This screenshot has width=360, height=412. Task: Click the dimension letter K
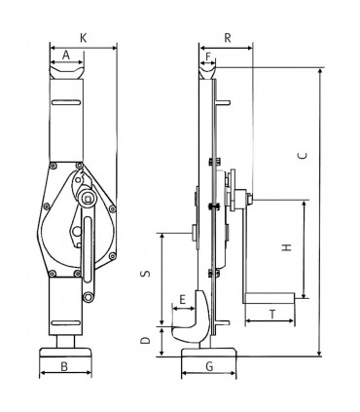point(84,38)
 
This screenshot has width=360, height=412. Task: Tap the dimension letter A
point(66,56)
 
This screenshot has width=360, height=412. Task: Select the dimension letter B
point(64,366)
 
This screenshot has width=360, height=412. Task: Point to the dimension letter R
point(228,38)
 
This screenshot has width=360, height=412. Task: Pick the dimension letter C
point(303,156)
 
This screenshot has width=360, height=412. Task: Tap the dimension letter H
point(287,247)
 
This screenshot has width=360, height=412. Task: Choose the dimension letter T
point(272,315)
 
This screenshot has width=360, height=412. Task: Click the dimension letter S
point(146,274)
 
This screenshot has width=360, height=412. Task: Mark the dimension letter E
point(182,299)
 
